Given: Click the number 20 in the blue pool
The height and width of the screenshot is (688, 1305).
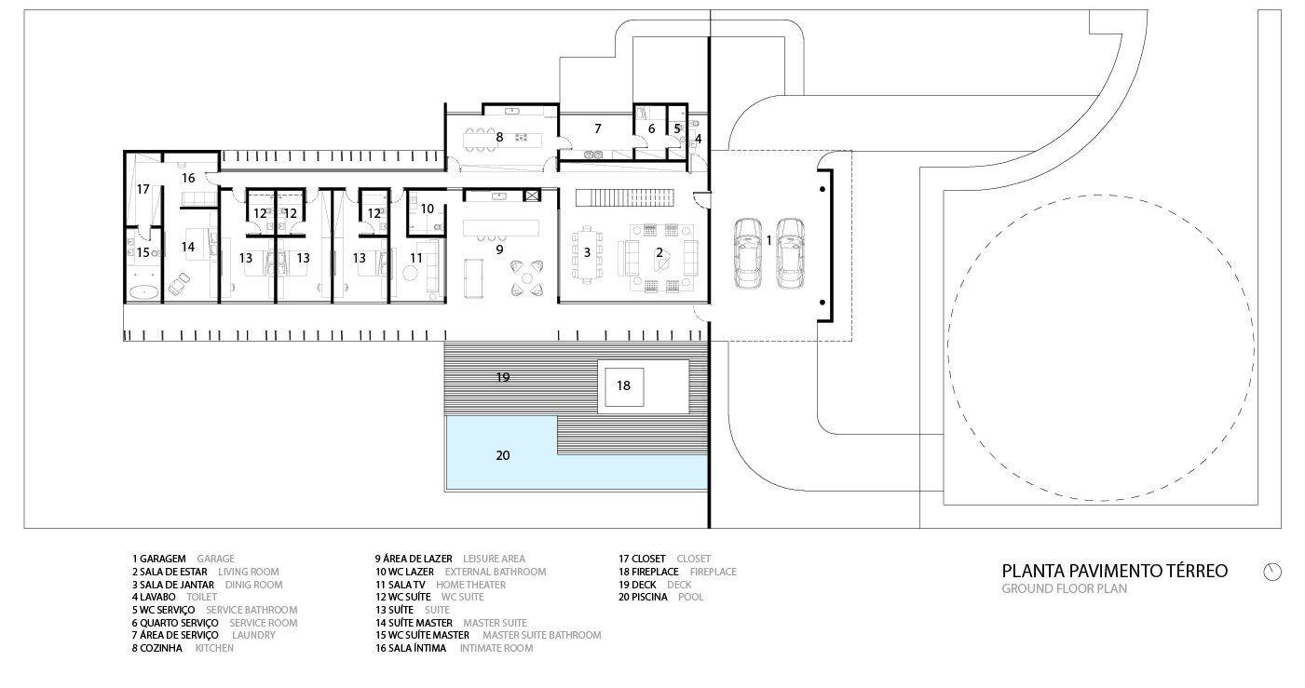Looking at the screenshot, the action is click(x=503, y=455).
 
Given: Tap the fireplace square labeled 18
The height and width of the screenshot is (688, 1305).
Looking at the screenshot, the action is click(x=624, y=387).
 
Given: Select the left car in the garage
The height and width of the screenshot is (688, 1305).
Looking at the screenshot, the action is click(x=747, y=253).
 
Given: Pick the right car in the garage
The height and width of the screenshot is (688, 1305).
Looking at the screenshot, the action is click(x=791, y=253).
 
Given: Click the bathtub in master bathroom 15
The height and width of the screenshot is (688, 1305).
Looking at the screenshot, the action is click(x=143, y=292).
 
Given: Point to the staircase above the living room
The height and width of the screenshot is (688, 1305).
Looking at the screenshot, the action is click(x=625, y=198).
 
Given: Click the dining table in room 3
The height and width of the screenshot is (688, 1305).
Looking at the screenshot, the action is click(x=587, y=254).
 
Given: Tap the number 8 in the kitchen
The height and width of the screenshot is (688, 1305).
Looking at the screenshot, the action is click(x=499, y=138).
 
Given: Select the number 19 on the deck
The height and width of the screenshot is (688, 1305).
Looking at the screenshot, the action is click(x=503, y=377).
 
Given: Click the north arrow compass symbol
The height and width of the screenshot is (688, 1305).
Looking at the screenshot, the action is click(x=1272, y=572).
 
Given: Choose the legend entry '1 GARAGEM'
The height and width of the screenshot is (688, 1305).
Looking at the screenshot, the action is click(x=159, y=559).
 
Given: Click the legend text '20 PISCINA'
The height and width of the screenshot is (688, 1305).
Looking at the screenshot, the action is click(x=643, y=597).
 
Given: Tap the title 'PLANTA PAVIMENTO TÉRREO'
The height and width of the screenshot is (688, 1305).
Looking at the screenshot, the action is click(x=1114, y=571).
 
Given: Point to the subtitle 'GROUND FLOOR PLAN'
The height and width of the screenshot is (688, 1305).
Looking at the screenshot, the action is click(x=1065, y=588).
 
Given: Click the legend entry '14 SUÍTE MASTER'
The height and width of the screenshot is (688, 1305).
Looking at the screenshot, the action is click(x=415, y=623).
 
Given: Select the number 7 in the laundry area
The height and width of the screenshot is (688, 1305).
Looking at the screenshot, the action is click(x=598, y=128).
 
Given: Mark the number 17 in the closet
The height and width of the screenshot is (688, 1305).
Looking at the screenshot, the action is click(x=143, y=189).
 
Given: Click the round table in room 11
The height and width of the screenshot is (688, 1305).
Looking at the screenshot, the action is click(x=413, y=273).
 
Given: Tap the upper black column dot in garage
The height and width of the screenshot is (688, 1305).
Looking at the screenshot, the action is click(x=822, y=189).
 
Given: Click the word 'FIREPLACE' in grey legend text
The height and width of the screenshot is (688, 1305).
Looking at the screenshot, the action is click(x=714, y=573).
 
